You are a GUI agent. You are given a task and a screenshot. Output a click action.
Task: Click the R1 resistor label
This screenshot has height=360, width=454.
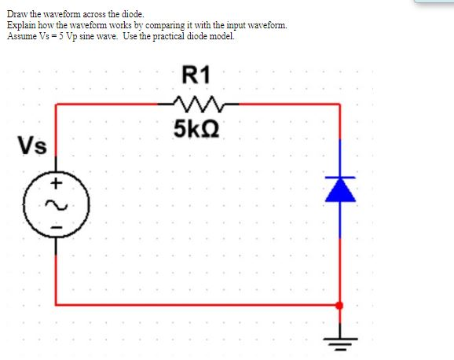coord(196,76)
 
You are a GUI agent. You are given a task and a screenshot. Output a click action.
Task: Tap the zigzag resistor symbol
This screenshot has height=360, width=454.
coord(197,102)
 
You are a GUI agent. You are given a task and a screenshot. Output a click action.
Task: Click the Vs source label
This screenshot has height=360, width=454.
coord(32,146)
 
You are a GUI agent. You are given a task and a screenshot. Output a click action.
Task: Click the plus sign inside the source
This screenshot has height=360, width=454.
coord(57,184)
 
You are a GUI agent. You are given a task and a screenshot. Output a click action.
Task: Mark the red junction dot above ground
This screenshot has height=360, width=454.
coord(339,305)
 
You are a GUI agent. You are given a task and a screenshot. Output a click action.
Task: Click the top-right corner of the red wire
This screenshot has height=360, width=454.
coord(339,103)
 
